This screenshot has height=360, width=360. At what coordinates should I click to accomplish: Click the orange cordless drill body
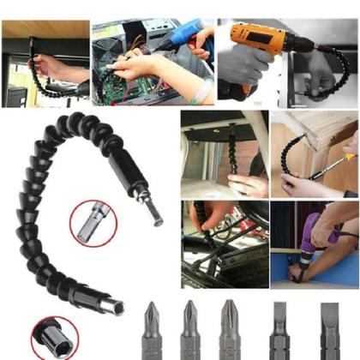[257, 39]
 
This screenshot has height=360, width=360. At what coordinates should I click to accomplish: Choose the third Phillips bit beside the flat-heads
[229, 329]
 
